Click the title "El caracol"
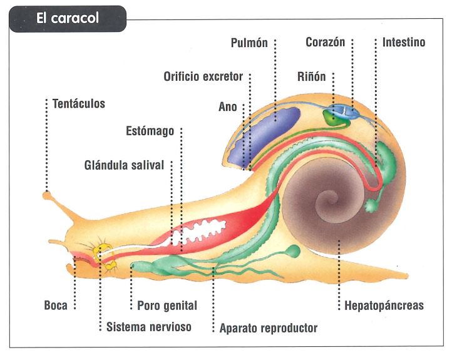point(67,19)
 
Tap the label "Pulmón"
point(249,43)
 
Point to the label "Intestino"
point(404,43)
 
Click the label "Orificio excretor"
point(203,76)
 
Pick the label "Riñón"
point(312,76)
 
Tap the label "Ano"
point(228,107)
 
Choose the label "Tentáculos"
point(79,103)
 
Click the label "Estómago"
point(150,131)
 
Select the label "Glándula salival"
point(124,165)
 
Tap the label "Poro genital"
point(167,306)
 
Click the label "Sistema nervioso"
point(149,327)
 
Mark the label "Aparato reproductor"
point(269,327)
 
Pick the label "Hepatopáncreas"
point(384,306)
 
